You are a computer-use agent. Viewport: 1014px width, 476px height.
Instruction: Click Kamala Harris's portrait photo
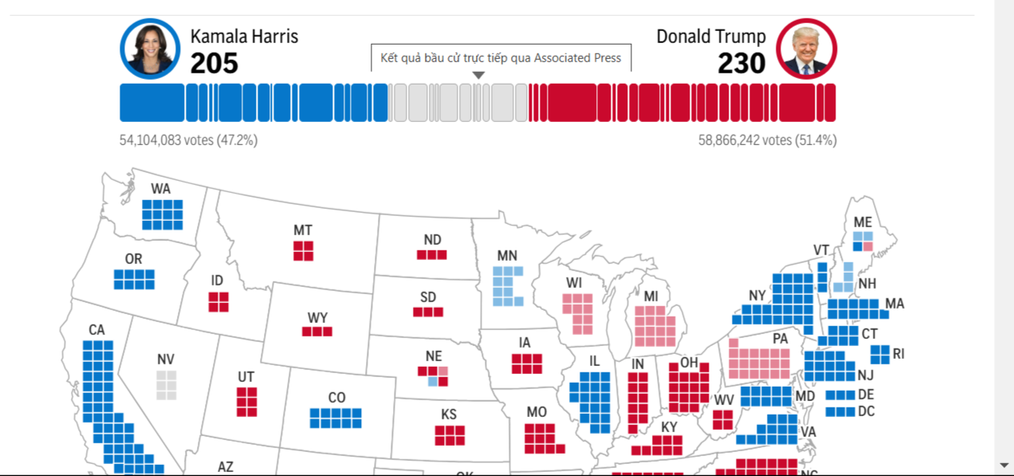[x=150, y=49]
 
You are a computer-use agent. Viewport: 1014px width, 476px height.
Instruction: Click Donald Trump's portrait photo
[x=806, y=49]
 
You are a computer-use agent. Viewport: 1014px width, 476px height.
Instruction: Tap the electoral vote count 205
[x=214, y=63]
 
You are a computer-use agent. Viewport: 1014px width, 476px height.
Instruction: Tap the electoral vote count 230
[x=741, y=63]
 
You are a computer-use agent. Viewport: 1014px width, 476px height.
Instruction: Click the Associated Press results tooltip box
[x=501, y=58]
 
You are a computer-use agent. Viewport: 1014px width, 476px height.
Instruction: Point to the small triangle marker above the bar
[x=478, y=75]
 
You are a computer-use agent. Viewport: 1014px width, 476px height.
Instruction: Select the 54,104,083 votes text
[x=188, y=140]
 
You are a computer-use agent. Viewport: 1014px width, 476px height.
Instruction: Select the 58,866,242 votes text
[x=768, y=140]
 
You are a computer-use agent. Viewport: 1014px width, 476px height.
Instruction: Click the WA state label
[x=161, y=189]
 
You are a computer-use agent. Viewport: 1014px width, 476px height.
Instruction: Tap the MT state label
[x=303, y=230]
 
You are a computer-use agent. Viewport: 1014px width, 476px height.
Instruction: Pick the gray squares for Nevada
[x=167, y=385]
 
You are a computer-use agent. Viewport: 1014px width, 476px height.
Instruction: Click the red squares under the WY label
[x=317, y=332]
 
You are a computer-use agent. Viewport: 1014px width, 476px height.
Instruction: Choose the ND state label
[x=432, y=239]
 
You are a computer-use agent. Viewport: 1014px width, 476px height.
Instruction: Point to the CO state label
[x=337, y=398]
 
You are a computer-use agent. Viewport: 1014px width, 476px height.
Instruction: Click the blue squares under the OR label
[x=134, y=280]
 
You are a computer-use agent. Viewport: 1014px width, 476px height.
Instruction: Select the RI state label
[x=898, y=354]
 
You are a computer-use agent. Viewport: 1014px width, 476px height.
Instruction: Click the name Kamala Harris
[x=244, y=37]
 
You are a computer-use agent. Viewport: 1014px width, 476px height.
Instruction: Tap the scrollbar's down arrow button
[x=1004, y=465]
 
